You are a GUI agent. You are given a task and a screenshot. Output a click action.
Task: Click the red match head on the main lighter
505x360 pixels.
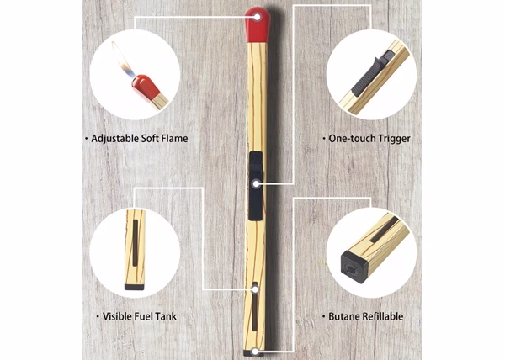258,25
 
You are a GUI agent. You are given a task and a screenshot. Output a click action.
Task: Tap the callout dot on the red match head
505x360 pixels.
257,17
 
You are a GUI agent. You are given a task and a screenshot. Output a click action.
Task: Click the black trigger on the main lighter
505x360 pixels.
256,186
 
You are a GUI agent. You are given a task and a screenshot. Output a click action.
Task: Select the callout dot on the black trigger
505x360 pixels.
256,184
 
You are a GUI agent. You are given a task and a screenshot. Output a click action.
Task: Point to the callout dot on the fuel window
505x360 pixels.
255,289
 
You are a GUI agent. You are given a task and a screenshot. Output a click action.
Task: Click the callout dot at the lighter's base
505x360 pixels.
254,352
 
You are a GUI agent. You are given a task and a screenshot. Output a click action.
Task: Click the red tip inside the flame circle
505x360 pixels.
146,87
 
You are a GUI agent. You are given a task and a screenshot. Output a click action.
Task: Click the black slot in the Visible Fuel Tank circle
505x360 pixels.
136,242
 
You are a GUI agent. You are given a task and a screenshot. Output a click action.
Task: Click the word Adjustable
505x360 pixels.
115,139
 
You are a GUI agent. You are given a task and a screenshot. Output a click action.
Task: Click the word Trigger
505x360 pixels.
394,139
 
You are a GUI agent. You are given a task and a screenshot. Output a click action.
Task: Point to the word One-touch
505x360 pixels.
352,139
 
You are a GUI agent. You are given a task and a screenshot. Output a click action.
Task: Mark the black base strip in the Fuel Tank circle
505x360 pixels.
135,287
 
